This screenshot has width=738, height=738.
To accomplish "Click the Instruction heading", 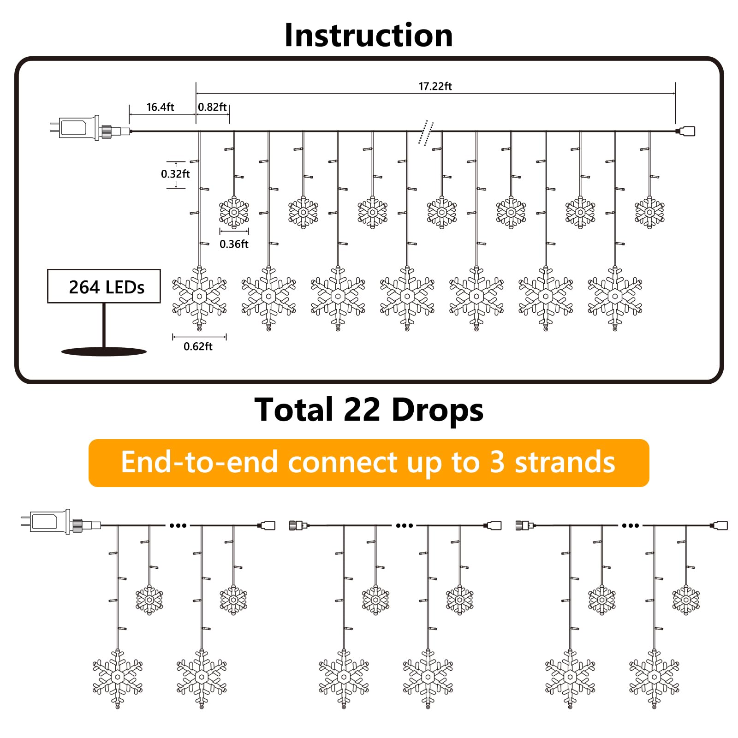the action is [x=369, y=35].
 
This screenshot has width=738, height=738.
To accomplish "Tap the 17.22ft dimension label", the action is [x=435, y=86].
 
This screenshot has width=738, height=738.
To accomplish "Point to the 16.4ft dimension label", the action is [x=160, y=107].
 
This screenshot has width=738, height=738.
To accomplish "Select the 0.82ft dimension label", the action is [x=212, y=107].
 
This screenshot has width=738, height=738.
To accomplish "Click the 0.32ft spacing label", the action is [x=175, y=174].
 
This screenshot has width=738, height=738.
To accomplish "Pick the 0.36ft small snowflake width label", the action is [x=234, y=244].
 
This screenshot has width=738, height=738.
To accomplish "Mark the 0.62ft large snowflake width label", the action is [x=198, y=346].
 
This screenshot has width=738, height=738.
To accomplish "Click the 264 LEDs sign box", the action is [x=104, y=286].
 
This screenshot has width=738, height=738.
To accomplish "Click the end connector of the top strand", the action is [x=686, y=131].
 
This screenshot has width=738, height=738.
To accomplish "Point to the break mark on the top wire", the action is [x=426, y=132].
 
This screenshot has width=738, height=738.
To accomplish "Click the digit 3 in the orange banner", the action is [x=496, y=463].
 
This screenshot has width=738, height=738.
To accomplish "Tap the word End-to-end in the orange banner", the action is [x=199, y=463].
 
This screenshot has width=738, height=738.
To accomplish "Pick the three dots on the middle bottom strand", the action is [x=405, y=525].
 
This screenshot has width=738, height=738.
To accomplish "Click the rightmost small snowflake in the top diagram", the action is [x=649, y=212].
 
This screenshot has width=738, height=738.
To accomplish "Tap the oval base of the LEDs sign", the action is [x=104, y=351].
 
